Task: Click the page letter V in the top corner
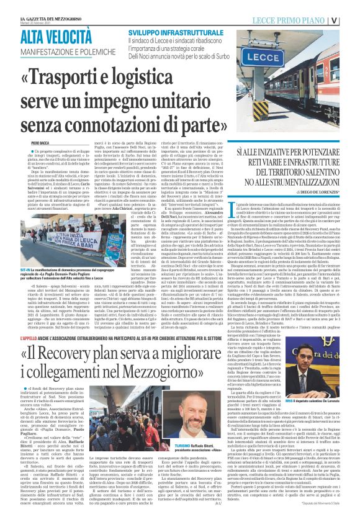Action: [351, 19]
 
